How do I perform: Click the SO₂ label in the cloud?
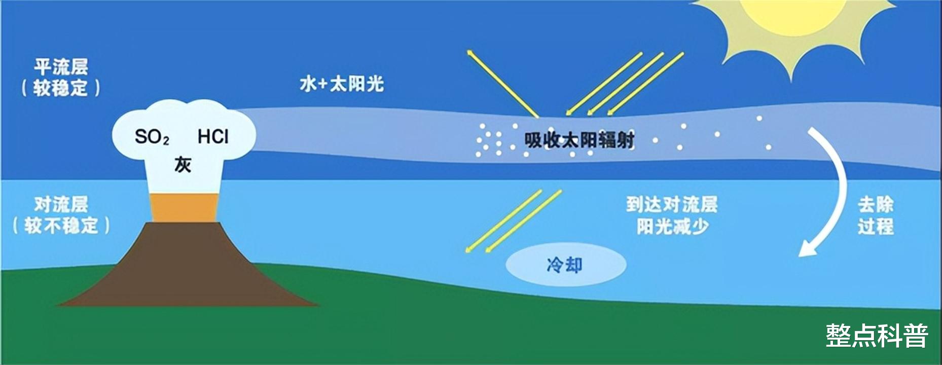(152, 137)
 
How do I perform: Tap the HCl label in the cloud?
(213, 136)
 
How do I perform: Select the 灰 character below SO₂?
(183, 164)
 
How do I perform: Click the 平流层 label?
(61, 66)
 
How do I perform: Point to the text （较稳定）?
(61, 88)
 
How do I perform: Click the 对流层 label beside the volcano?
(61, 204)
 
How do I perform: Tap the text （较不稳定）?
(61, 226)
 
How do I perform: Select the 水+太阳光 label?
(342, 84)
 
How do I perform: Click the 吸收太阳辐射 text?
(579, 139)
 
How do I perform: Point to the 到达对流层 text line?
(672, 205)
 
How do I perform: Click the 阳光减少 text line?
(672, 227)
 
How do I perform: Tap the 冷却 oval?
(566, 265)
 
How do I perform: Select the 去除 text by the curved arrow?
(876, 205)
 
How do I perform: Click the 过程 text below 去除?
(876, 226)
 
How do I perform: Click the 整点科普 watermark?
(877, 336)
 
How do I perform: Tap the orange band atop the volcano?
(185, 207)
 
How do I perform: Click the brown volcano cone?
(188, 269)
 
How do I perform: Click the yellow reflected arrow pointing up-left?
(502, 83)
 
